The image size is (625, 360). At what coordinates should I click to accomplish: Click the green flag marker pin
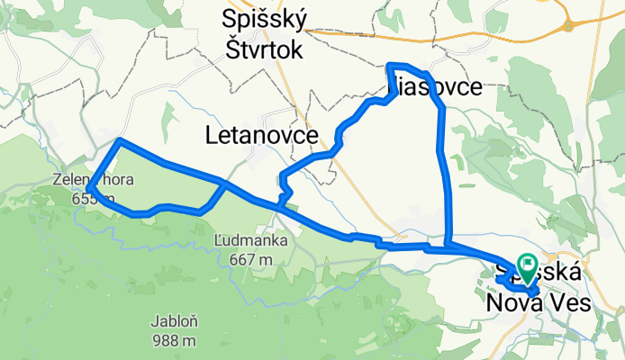point(524,265)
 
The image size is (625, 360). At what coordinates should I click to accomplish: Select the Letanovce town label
point(261,135)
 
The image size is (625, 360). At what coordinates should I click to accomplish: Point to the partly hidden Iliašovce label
point(436,86)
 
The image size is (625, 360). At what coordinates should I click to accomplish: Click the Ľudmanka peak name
point(251,241)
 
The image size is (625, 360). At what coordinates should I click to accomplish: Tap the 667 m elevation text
point(251,260)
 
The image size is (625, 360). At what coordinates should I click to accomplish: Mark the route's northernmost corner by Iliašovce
point(389,66)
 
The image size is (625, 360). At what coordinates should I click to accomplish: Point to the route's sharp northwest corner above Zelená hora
point(121,140)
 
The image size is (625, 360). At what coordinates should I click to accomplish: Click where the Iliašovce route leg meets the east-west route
point(448,243)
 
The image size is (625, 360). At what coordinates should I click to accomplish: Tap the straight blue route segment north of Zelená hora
point(171,163)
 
